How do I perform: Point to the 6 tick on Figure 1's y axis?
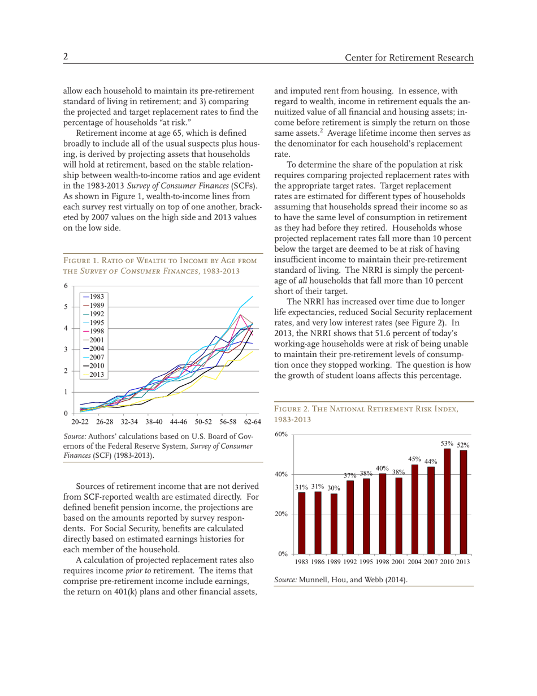click(x=66, y=287)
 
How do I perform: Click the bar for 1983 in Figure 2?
click(x=302, y=523)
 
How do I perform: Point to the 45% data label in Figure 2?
click(x=415, y=458)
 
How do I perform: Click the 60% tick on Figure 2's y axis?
click(x=282, y=435)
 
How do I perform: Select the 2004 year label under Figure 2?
click(x=415, y=561)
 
